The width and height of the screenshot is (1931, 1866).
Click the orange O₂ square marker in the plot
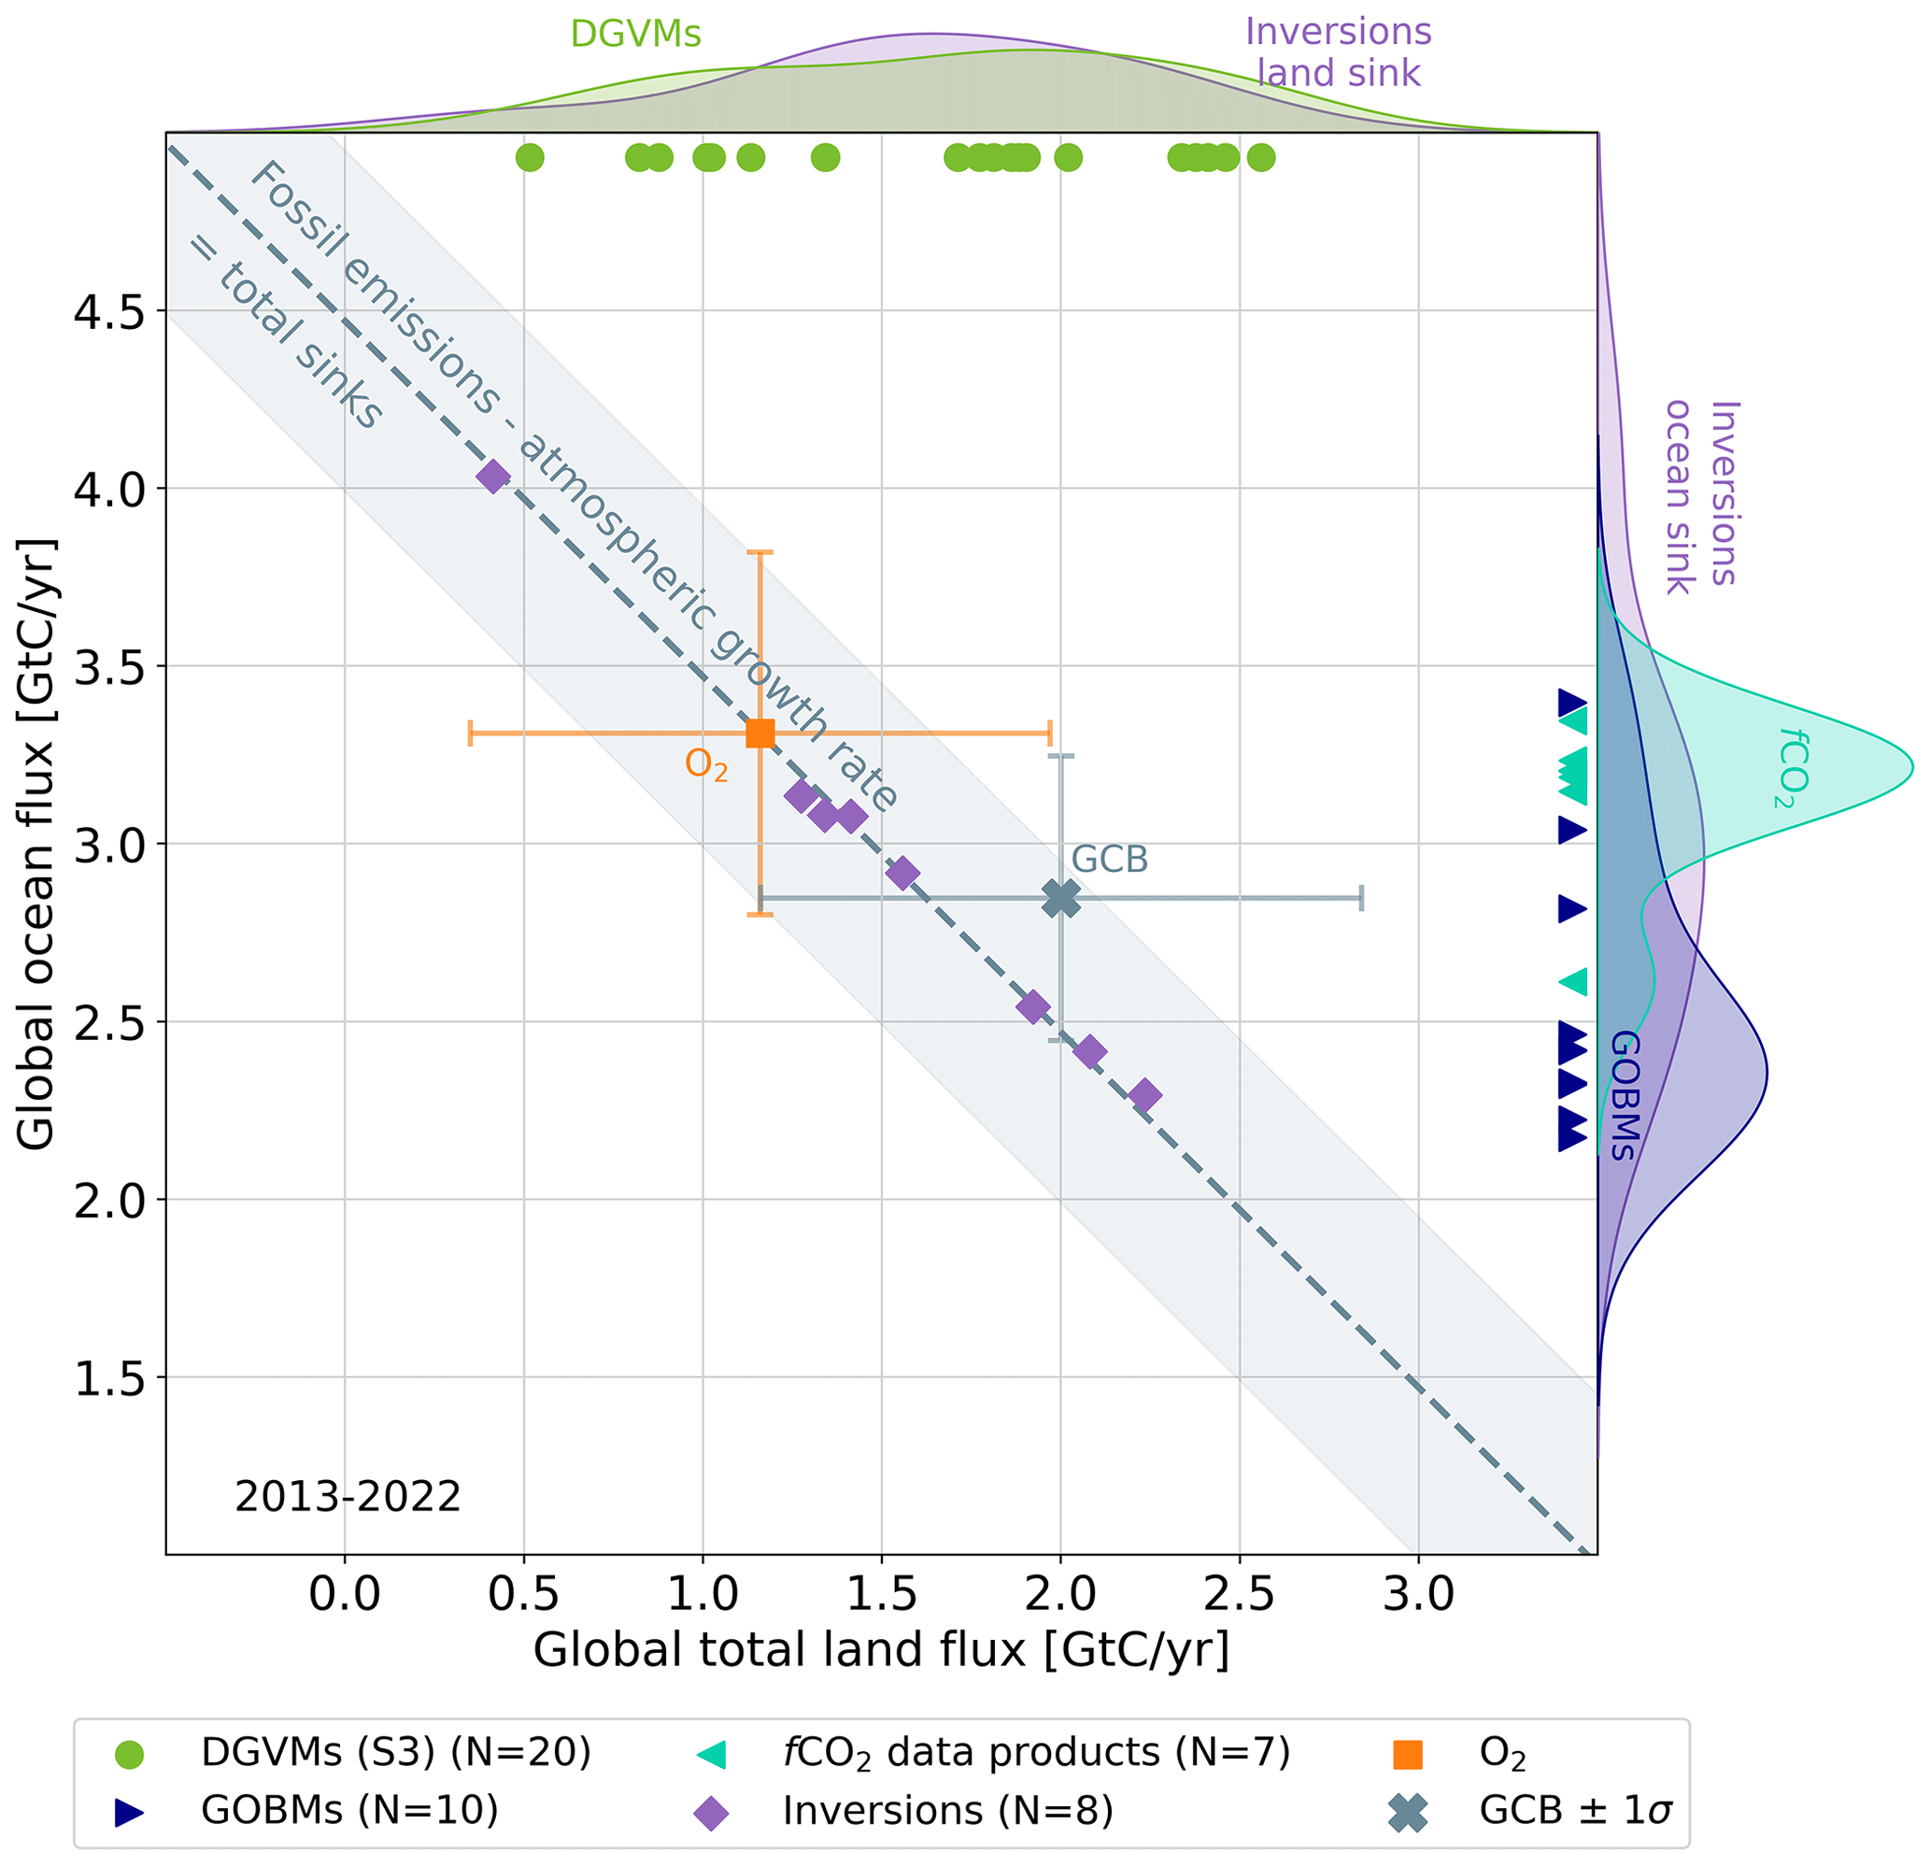click(760, 733)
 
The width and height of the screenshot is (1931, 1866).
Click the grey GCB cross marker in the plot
click(1061, 898)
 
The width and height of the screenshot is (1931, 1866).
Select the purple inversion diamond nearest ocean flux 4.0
click(492, 477)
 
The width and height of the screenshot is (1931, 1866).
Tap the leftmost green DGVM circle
click(530, 157)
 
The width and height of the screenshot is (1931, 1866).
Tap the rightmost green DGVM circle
click(1261, 157)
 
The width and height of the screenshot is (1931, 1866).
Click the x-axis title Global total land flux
click(881, 1650)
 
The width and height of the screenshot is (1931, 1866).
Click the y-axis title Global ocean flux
click(37, 844)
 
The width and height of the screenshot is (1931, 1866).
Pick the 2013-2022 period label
click(348, 1498)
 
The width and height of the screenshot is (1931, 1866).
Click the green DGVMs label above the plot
click(635, 35)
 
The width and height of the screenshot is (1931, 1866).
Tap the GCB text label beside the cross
click(1109, 860)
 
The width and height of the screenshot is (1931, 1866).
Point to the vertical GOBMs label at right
click(1623, 1094)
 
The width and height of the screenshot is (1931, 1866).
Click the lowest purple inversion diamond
click(1143, 1094)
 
